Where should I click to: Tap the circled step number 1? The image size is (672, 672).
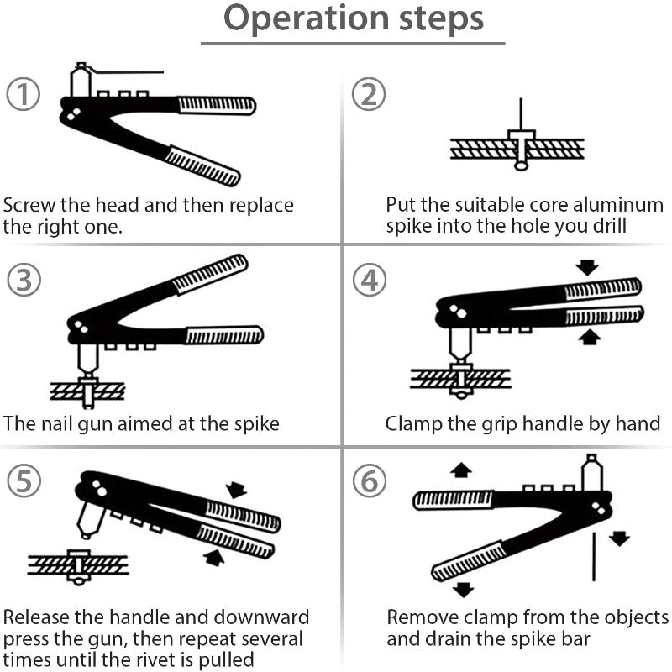pyautogui.click(x=24, y=94)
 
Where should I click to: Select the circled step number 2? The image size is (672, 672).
pyautogui.click(x=368, y=94)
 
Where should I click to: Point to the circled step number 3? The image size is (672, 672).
pyautogui.click(x=24, y=280)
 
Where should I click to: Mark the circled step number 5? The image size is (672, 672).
pyautogui.click(x=24, y=481)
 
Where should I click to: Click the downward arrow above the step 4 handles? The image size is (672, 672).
pyautogui.click(x=587, y=267)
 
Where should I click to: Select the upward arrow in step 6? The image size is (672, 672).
pyautogui.click(x=460, y=470)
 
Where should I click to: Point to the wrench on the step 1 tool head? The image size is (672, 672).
pyautogui.click(x=126, y=73)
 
